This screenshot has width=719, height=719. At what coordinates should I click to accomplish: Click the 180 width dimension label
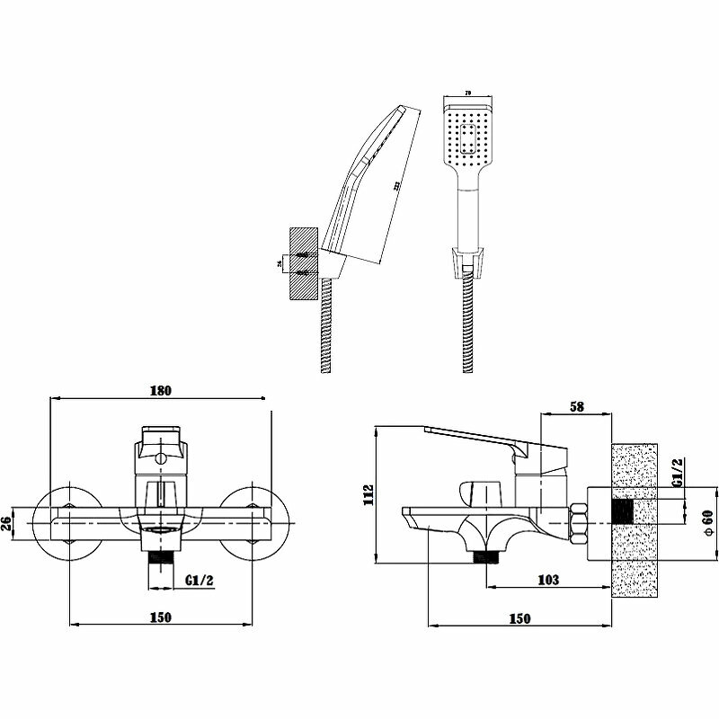click(x=161, y=391)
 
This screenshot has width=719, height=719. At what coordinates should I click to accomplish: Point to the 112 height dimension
click(x=368, y=496)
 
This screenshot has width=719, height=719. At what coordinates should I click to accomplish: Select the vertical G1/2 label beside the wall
click(x=679, y=474)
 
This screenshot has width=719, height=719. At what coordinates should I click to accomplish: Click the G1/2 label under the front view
click(x=199, y=580)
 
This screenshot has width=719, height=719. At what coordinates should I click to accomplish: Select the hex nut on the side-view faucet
click(x=578, y=521)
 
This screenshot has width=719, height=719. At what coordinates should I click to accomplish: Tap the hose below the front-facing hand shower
click(x=467, y=324)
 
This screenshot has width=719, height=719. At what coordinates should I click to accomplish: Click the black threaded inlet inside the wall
click(x=622, y=512)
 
